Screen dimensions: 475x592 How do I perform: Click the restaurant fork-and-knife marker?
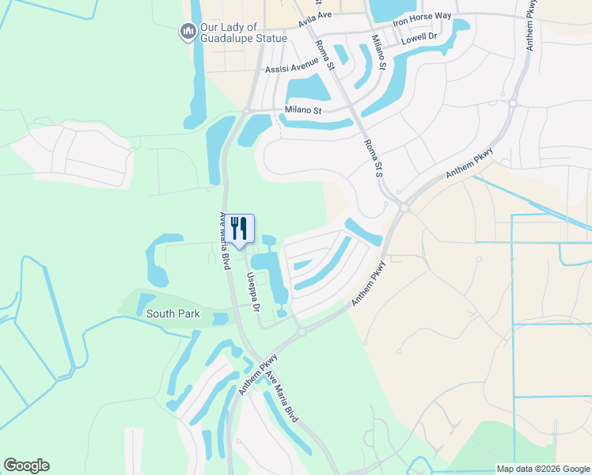point(241,229)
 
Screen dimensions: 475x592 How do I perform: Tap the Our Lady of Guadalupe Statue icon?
point(188,32)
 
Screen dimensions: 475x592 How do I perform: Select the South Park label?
point(173,314)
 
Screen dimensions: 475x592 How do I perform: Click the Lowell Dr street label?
point(419,37)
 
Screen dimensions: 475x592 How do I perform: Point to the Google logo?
point(26,465)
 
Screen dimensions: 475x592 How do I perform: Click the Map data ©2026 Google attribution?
point(542,469)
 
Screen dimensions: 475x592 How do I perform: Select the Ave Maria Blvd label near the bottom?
point(282,395)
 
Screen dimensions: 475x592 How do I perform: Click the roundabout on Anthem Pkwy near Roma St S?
point(404,207)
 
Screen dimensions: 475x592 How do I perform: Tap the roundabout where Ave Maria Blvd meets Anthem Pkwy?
point(301,333)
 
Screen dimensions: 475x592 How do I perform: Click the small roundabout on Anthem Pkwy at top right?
point(512,103)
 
